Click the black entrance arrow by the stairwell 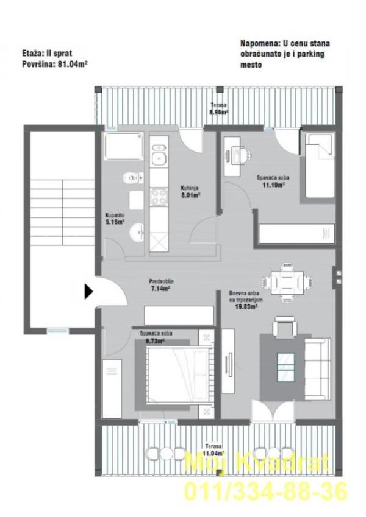click(88, 292)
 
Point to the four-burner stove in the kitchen click(159, 197)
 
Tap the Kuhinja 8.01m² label click(190, 192)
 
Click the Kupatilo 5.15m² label click(115, 219)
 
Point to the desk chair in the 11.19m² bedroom click(245, 156)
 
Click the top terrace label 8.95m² click(219, 109)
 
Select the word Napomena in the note click(257, 44)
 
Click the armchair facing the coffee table click(284, 328)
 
